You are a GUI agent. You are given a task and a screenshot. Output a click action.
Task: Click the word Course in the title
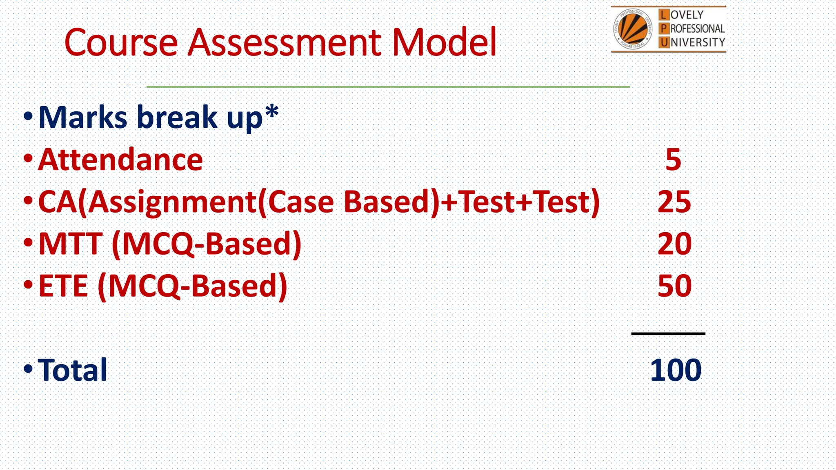tap(121, 42)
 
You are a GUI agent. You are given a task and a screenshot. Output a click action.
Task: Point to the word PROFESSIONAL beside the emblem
tap(692, 29)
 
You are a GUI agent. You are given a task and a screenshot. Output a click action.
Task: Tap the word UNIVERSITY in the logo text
tap(692, 42)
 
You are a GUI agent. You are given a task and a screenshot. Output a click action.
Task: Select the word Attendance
tap(120, 160)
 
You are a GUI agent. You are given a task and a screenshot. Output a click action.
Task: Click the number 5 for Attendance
tap(673, 160)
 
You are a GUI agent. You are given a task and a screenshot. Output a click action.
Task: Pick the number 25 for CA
tap(674, 202)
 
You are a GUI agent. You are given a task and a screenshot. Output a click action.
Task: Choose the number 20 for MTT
tap(675, 244)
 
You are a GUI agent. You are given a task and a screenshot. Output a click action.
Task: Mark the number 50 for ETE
tap(675, 286)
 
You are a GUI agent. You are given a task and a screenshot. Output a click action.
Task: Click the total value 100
tap(676, 370)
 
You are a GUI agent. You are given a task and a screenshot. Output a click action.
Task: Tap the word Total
tap(72, 370)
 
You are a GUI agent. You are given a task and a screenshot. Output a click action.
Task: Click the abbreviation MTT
tap(70, 244)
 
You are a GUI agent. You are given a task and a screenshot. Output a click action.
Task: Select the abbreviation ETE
tap(63, 286)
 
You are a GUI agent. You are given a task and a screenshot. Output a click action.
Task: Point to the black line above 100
tap(668, 334)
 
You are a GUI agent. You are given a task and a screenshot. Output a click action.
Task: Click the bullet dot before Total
tap(28, 369)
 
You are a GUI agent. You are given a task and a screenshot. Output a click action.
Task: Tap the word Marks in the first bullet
tap(83, 117)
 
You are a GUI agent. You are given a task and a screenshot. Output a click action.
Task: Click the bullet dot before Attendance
tap(28, 158)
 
